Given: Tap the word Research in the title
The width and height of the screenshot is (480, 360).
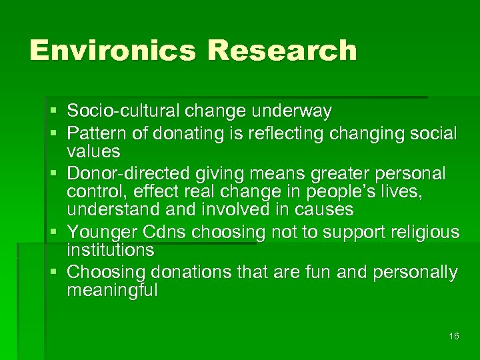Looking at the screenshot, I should point(281,51).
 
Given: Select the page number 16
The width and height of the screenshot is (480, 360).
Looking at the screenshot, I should point(454,336).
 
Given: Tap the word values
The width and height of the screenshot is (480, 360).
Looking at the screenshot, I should point(93,151).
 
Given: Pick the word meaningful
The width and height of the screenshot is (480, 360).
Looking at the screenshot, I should point(112,290).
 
